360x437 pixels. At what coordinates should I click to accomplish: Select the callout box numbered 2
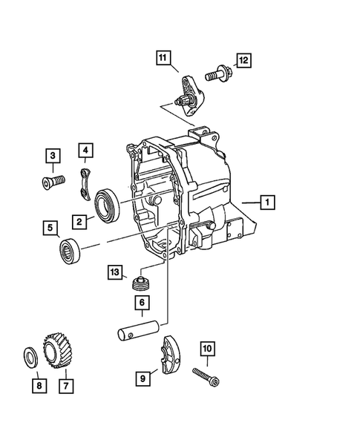coord(78,220)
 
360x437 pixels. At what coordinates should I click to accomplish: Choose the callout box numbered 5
coord(51,227)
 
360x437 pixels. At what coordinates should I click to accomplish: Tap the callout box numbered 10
coord(207,348)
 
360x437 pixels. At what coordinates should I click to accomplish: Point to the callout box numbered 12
coord(244,60)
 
